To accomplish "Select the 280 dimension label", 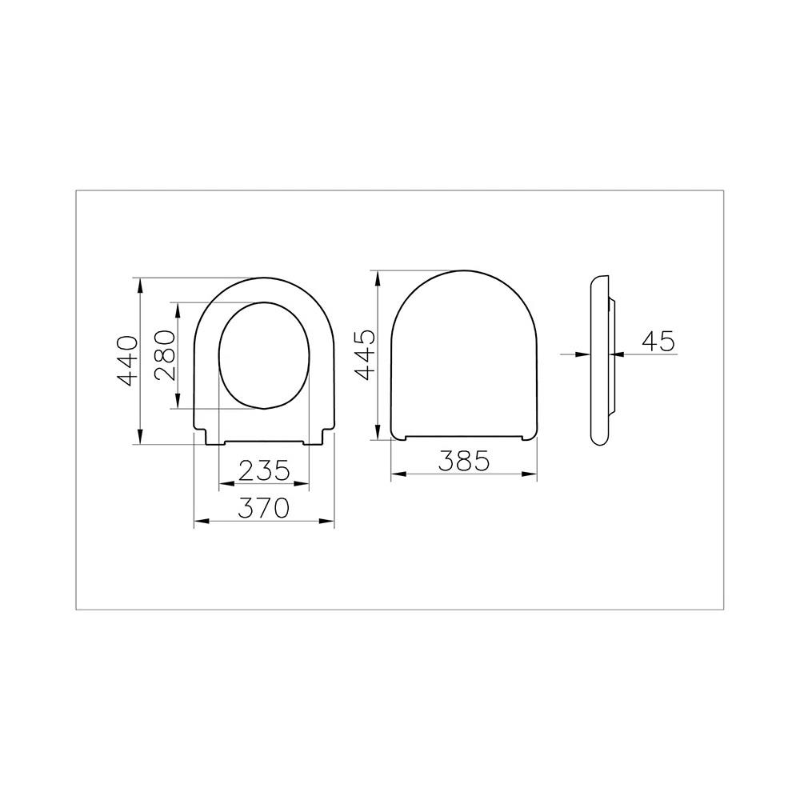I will point(165,356).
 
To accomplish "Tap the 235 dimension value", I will point(265,470).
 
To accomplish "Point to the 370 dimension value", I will point(265,508).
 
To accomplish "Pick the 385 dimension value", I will point(463,460).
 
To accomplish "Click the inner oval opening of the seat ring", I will point(263,356).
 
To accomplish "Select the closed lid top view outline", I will point(464,356).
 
